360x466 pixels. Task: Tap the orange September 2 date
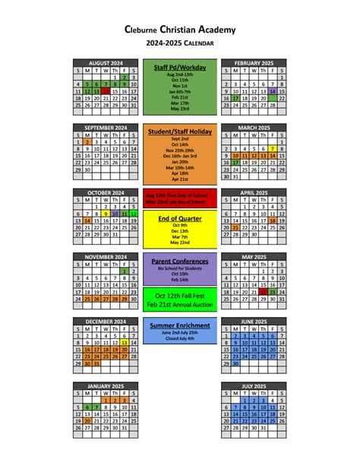coord(87,141)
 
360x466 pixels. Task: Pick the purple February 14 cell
coord(272,90)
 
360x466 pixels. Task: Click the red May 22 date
coord(263,292)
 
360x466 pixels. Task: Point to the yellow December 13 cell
coord(124,343)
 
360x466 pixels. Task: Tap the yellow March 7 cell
coord(272,148)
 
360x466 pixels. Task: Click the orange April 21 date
coord(235,227)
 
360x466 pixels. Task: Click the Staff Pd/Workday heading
coord(180,68)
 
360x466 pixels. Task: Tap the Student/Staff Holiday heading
coord(180,132)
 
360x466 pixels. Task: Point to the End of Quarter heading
coord(180,218)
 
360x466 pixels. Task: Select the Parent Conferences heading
coord(180,262)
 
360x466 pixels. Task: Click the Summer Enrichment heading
coord(180,325)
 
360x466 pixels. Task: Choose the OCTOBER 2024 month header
coord(105,193)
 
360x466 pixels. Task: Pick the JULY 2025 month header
coord(254,386)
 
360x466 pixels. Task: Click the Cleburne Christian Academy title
coord(180,30)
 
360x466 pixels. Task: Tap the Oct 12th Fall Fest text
coord(180,294)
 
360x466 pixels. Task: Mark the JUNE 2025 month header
coord(254,322)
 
